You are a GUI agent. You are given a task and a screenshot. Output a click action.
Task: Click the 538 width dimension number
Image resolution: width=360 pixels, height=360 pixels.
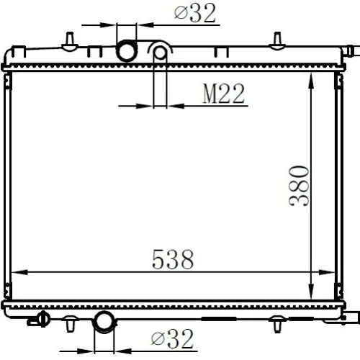[173, 259]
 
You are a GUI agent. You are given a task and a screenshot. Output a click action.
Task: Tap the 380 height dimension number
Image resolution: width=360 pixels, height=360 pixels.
[299, 186]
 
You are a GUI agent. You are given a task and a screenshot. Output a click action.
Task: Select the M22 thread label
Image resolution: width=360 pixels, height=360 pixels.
[224, 94]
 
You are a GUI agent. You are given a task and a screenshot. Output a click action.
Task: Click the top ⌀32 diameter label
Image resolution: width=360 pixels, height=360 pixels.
[195, 13]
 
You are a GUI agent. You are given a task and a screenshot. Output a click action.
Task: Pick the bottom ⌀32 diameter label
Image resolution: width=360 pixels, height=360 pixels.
[172, 338]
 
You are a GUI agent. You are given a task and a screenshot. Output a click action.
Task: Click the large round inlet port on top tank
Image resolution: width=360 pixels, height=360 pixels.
[127, 50]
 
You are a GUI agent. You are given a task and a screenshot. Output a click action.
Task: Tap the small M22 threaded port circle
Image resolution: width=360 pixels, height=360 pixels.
[160, 53]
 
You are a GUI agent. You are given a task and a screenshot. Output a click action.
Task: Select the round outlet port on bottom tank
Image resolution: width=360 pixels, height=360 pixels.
[104, 322]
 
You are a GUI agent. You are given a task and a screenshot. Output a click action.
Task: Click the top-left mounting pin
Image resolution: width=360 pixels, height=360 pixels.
[70, 41]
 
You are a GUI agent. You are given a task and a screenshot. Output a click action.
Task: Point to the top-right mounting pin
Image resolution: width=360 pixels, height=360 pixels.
[277, 41]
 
